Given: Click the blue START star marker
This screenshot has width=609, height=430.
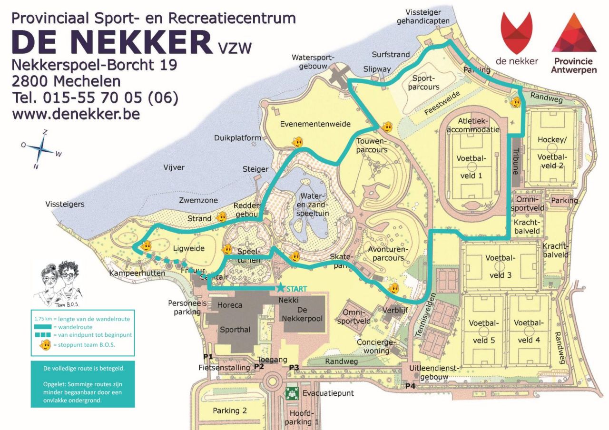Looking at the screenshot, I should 280,288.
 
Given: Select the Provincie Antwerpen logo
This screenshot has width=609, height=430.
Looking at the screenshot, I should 574,43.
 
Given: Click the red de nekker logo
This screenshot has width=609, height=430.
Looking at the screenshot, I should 517,38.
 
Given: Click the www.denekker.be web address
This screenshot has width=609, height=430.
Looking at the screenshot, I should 76,115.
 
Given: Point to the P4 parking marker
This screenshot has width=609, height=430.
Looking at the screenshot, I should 410,386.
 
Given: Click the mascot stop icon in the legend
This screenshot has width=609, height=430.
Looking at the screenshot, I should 45,345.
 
